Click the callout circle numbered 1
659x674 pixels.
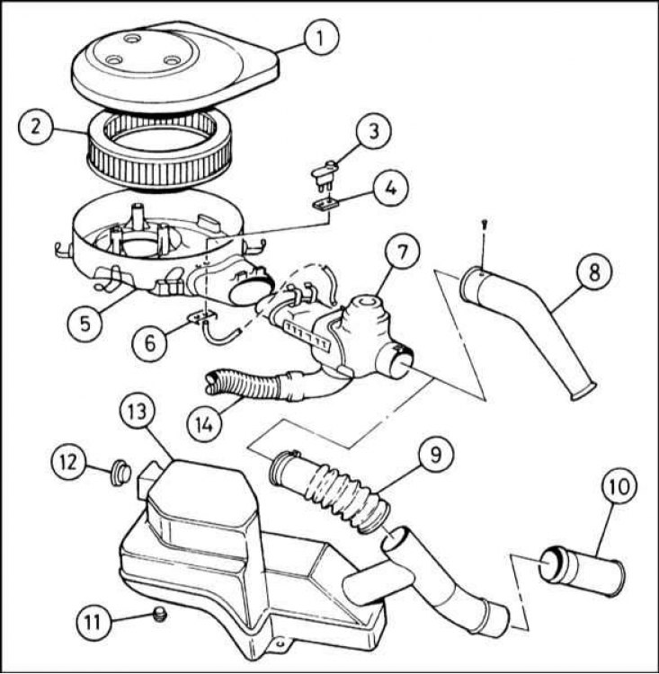pyautogui.click(x=321, y=37)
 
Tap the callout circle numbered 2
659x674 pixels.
pyautogui.click(x=36, y=128)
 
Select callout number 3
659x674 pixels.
pyautogui.click(x=373, y=130)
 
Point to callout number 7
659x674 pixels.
pyautogui.click(x=401, y=253)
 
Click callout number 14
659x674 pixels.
pyautogui.click(x=205, y=425)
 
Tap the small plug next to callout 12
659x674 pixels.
pyautogui.click(x=120, y=474)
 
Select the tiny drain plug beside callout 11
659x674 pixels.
pyautogui.click(x=160, y=616)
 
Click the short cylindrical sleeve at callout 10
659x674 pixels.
pyautogui.click(x=580, y=573)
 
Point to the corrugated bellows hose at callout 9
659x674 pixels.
pyautogui.click(x=329, y=490)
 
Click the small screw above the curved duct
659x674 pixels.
pyautogui.click(x=485, y=225)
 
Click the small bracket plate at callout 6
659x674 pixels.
pyautogui.click(x=201, y=317)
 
